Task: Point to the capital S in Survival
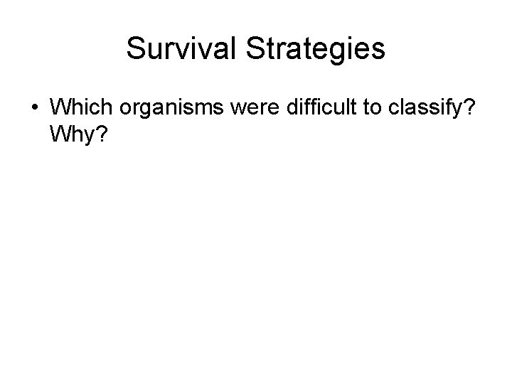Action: (135, 48)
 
